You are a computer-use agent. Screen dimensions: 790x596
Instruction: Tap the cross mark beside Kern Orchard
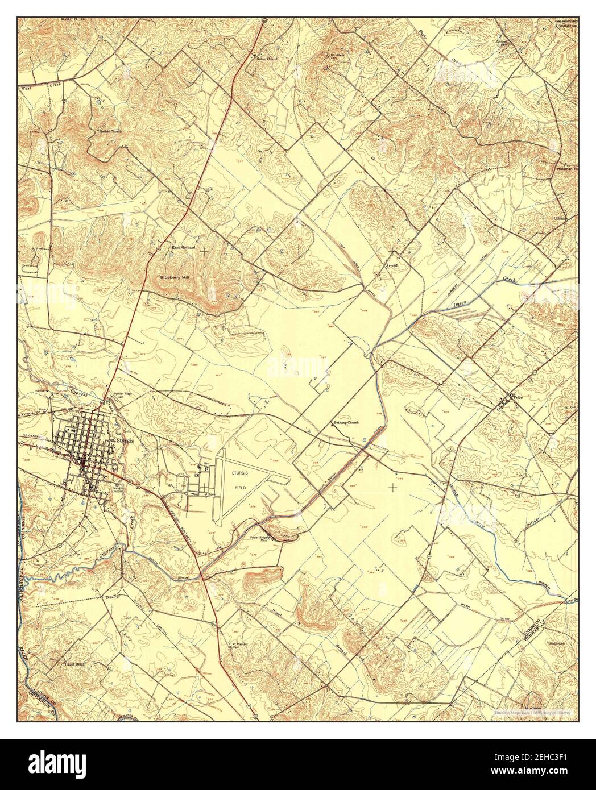tap(203, 249)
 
